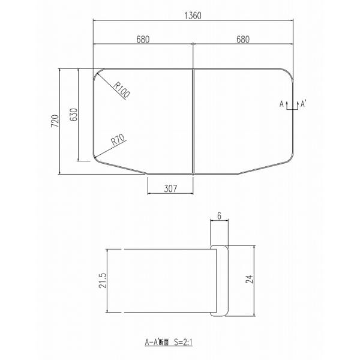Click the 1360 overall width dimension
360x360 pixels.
tap(193, 16)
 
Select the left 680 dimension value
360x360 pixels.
tap(143, 39)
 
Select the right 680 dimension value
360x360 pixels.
tap(243, 39)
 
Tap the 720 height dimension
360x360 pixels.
tap(55, 121)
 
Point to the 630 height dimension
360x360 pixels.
tap(74, 115)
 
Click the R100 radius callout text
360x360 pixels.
tap(121, 90)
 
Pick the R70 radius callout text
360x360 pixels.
tap(118, 139)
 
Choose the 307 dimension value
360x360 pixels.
tap(170, 189)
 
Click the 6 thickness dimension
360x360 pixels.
tap(219, 216)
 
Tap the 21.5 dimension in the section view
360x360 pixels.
tap(103, 281)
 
